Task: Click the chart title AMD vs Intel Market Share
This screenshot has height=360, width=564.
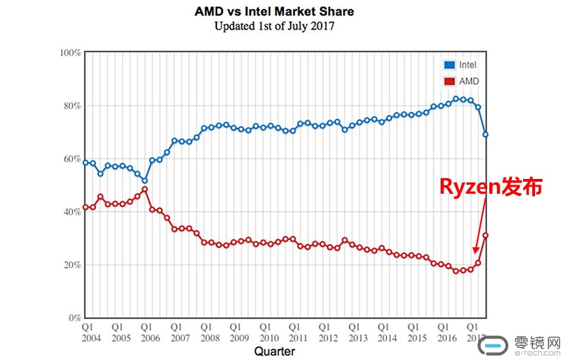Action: pyautogui.click(x=274, y=12)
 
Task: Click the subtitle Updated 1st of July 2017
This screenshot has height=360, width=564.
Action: pyautogui.click(x=274, y=27)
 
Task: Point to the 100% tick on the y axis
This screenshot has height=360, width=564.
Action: pyautogui.click(x=70, y=53)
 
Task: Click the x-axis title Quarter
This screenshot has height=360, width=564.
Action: pyautogui.click(x=274, y=351)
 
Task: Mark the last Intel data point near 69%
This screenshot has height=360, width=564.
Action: pyautogui.click(x=486, y=135)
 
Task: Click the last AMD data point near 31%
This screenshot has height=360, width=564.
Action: pyautogui.click(x=486, y=235)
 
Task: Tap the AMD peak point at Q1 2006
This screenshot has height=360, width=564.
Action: pyautogui.click(x=145, y=189)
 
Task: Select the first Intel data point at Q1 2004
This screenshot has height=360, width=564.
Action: pyautogui.click(x=85, y=163)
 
